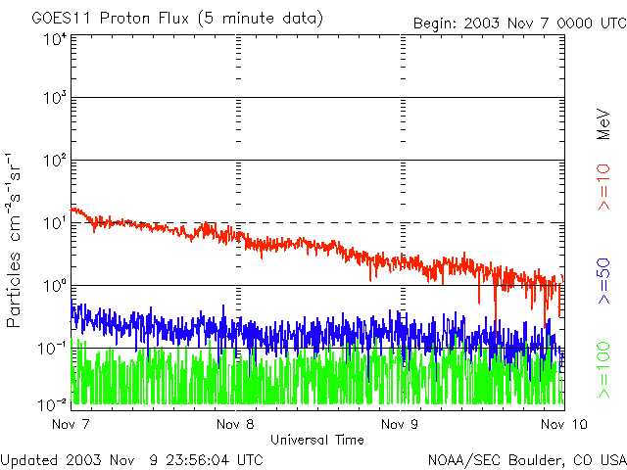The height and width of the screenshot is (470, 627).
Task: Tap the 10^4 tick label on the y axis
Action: click(x=54, y=40)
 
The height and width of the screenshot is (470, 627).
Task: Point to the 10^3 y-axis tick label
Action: click(x=54, y=98)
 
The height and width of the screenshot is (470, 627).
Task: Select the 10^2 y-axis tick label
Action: click(x=54, y=161)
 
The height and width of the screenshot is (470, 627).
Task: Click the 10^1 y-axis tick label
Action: click(x=54, y=223)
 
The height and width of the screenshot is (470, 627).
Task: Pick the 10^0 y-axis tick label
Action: click(x=54, y=286)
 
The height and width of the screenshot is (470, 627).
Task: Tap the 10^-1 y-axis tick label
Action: click(x=52, y=349)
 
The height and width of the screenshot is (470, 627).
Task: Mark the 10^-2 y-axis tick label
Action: click(x=52, y=403)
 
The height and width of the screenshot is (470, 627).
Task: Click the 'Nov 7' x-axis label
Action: click(x=71, y=425)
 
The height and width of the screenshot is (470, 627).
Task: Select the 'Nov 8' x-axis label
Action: click(x=234, y=425)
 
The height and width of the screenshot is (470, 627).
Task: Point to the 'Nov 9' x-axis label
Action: click(x=399, y=425)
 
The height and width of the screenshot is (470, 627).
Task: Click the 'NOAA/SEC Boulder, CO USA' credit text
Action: click(x=526, y=459)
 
